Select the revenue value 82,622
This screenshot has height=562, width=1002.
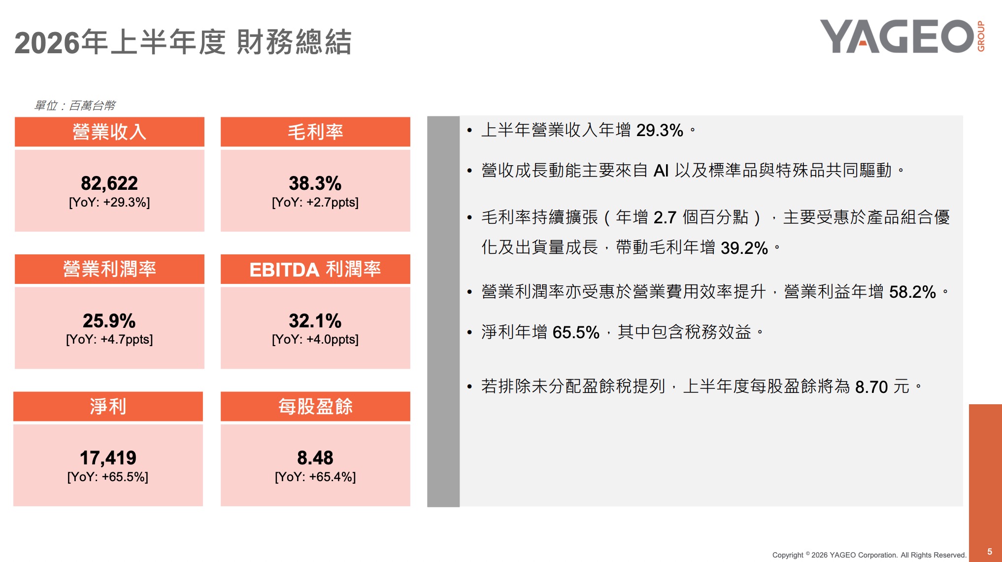tap(109, 183)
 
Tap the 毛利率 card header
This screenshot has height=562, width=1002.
tap(315, 132)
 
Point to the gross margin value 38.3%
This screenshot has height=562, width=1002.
tap(315, 183)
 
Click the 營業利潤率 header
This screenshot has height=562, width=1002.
tap(109, 269)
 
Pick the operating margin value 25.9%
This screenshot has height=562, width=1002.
tap(109, 321)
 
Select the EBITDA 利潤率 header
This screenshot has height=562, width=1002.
tap(315, 269)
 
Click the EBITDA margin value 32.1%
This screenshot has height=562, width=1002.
tap(315, 321)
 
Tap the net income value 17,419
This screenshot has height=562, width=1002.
tap(108, 458)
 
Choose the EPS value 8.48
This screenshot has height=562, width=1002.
tap(315, 458)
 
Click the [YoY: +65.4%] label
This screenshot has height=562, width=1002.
tap(315, 477)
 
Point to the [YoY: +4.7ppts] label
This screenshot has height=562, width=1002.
tap(109, 340)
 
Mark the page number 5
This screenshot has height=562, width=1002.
tap(990, 552)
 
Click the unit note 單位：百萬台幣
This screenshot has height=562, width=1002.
tap(75, 105)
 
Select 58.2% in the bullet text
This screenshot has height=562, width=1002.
tap(912, 292)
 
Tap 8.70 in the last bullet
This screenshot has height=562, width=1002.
tap(871, 387)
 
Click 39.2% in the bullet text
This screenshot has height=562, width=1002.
tap(744, 248)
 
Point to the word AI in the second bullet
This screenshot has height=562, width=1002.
tap(661, 171)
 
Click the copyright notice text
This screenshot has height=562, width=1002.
tap(869, 555)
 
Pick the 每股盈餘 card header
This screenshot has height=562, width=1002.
tap(315, 407)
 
